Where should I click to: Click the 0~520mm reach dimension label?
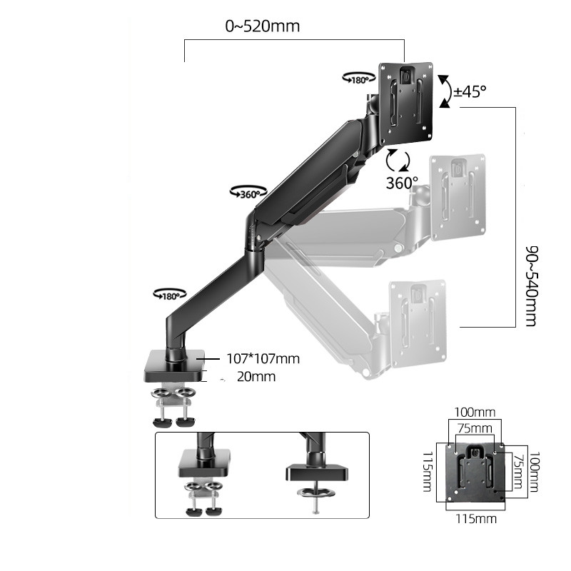coord(262,27)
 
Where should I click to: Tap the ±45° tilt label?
coord(470,91)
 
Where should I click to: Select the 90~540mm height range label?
coord(530,285)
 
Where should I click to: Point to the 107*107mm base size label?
coord(262,358)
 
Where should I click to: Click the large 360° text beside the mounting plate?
coord(402,182)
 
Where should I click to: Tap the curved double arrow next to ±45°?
coord(445,91)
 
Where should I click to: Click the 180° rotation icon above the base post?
coord(170,294)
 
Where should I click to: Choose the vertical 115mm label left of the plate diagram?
coord(426,472)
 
